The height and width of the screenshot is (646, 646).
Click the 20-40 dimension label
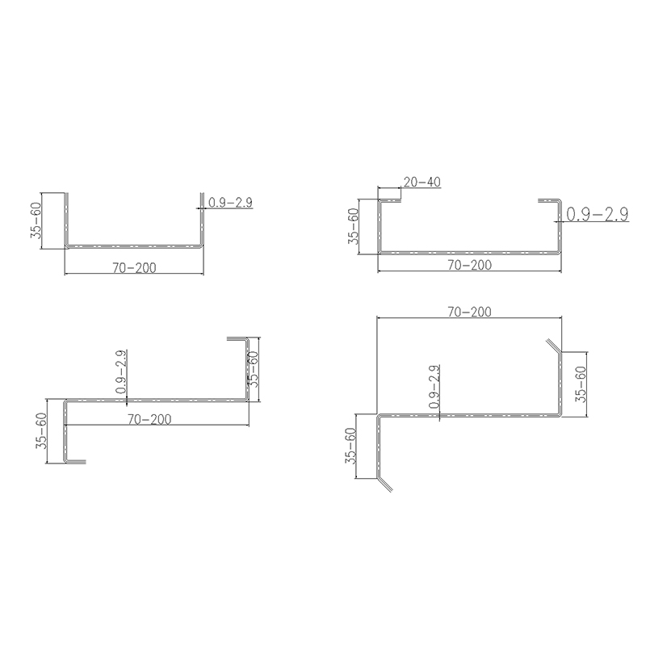tap(422, 182)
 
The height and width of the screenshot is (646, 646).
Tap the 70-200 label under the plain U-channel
tap(135, 268)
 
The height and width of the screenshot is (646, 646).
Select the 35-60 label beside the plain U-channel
tap(36, 220)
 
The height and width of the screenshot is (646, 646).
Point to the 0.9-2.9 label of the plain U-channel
tap(230, 203)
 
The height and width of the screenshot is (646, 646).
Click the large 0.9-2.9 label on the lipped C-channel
tap(598, 214)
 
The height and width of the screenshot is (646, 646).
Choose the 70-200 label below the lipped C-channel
tap(470, 265)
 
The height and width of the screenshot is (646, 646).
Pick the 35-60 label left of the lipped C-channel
tap(354, 226)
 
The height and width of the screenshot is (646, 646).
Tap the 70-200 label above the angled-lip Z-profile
tap(470, 312)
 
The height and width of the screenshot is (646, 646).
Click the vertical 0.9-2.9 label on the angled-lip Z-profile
tap(434, 387)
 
